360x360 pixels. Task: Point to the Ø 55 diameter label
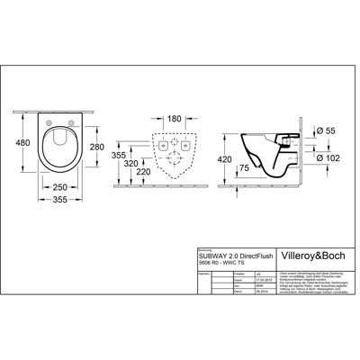point(329,132)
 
